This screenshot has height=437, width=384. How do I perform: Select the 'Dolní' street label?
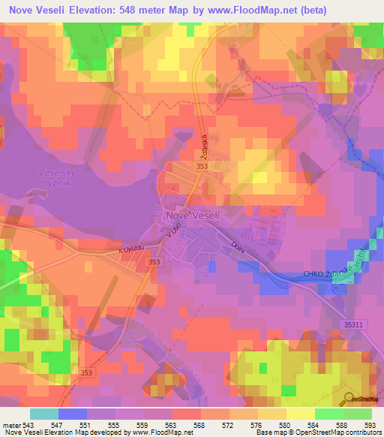point(238,244)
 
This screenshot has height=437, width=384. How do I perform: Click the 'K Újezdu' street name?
point(130,249)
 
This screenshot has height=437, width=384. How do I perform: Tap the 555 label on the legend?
point(117,423)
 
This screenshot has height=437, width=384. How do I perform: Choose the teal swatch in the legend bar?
point(44,413)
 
